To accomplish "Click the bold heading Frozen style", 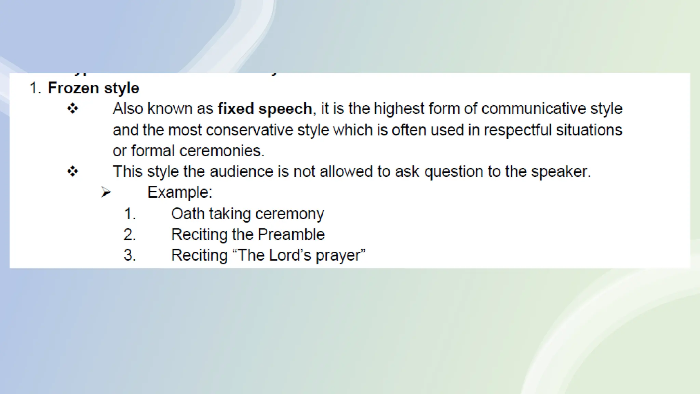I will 93,88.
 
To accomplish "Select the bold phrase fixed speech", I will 265,109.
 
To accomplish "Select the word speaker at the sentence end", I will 561,172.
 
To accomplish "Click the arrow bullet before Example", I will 106,192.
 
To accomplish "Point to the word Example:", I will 180,192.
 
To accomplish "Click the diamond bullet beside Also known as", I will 73,109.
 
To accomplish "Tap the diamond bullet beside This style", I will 73,171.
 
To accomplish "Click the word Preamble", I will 291,235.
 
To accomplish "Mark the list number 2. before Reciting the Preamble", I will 130,235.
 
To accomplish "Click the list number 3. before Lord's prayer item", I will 130,255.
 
